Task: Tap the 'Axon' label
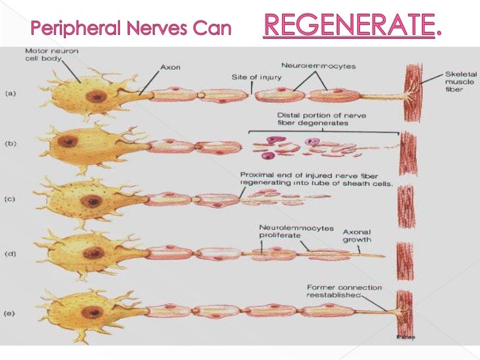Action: tap(169, 67)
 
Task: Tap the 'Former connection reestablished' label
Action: tap(344, 291)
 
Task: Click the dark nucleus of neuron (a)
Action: tap(97, 96)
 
